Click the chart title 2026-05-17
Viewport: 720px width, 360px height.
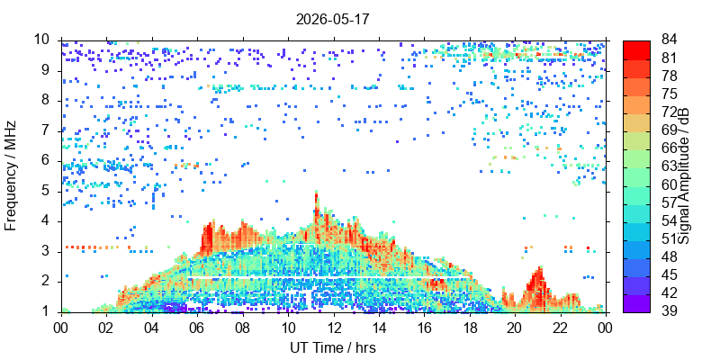tap(332, 19)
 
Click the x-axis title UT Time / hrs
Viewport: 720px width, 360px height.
tap(333, 347)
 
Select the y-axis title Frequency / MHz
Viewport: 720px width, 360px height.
tap(10, 175)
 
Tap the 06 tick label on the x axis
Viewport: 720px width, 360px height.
tap(197, 328)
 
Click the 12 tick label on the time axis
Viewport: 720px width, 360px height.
tap(334, 328)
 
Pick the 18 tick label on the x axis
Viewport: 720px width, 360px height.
tap(470, 328)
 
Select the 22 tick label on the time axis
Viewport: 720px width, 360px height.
tap(561, 328)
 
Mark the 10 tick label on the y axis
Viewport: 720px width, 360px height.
tap(42, 40)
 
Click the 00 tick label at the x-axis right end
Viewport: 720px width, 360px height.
tap(606, 328)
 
